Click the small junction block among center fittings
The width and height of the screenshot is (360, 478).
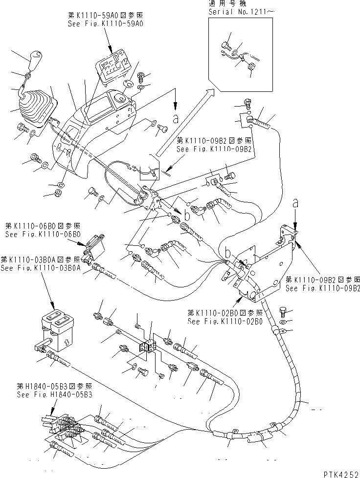pyautogui.click(x=147, y=345)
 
